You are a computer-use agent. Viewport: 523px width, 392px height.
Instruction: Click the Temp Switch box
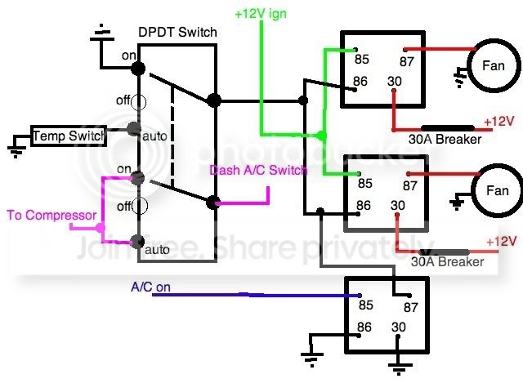point(69,136)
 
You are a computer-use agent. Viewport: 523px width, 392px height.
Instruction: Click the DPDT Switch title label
point(177,33)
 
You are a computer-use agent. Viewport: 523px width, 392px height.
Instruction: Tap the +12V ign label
point(261,14)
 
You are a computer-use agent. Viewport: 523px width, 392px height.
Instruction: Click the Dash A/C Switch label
point(258,170)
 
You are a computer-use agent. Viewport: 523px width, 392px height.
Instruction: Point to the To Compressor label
point(51,215)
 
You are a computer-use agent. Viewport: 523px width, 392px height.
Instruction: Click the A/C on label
point(150,287)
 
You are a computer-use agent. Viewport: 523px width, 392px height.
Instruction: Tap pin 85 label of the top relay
point(362,60)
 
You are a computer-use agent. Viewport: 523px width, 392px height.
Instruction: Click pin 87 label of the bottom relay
point(410,307)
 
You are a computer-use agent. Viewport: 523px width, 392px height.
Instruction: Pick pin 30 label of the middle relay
point(398,205)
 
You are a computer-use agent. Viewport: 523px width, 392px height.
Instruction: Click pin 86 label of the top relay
point(360,82)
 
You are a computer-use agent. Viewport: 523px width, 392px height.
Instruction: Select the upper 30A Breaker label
point(445,139)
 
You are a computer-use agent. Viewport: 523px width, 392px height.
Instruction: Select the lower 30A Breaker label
point(447,261)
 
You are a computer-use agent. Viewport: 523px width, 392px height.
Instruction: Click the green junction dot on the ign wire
point(321,136)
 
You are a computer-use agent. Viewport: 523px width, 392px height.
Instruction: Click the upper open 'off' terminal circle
point(138,102)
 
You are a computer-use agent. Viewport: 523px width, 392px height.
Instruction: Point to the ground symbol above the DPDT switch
point(102,33)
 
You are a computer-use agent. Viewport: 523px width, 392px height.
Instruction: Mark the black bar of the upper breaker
point(448,128)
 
